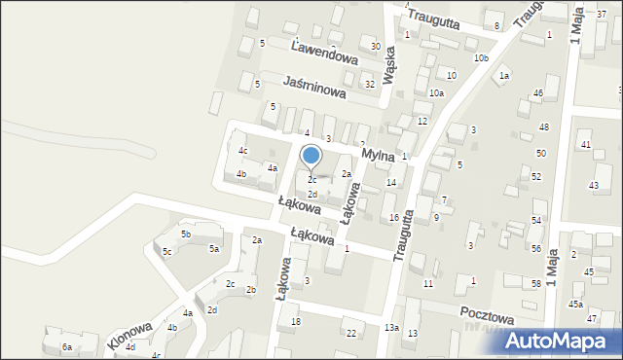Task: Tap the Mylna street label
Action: coord(377,155)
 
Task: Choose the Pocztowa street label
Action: coord(486,316)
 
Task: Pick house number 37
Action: coord(600,10)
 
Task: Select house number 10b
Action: coord(481,58)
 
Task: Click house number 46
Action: coord(537,93)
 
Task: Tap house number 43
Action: coord(593,185)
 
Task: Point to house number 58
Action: coord(535,283)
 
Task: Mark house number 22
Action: coord(351,334)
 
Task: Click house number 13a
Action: coord(390,328)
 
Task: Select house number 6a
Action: coord(67,346)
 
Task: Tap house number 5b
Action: coord(185,234)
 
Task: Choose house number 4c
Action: coord(243,151)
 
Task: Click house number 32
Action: coord(369,85)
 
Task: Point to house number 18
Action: coord(296,322)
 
